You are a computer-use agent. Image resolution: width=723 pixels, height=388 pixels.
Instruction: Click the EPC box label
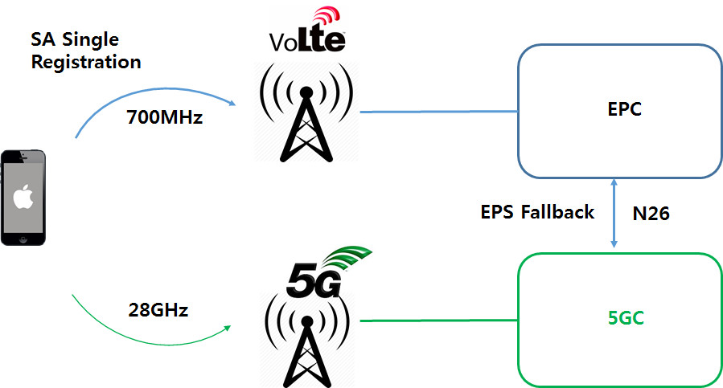pyautogui.click(x=624, y=109)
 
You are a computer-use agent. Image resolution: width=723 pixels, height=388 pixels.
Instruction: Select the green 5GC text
pyautogui.click(x=626, y=318)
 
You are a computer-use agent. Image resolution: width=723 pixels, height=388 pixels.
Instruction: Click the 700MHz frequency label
pyautogui.click(x=165, y=117)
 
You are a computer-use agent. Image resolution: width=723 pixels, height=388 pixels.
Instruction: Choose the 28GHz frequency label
pyautogui.click(x=158, y=310)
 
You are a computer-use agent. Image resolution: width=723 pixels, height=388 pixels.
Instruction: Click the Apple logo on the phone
pyautogui.click(x=22, y=196)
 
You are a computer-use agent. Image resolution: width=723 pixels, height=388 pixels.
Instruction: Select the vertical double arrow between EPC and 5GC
pyautogui.click(x=615, y=212)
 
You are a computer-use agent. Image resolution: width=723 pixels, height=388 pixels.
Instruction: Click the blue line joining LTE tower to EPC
pyautogui.click(x=438, y=112)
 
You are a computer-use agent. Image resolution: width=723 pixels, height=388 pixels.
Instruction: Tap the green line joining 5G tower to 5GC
pyautogui.click(x=438, y=321)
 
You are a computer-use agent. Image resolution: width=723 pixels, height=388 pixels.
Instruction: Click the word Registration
pyautogui.click(x=86, y=61)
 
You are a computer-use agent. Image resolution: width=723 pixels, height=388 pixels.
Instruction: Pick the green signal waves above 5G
pyautogui.click(x=350, y=257)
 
